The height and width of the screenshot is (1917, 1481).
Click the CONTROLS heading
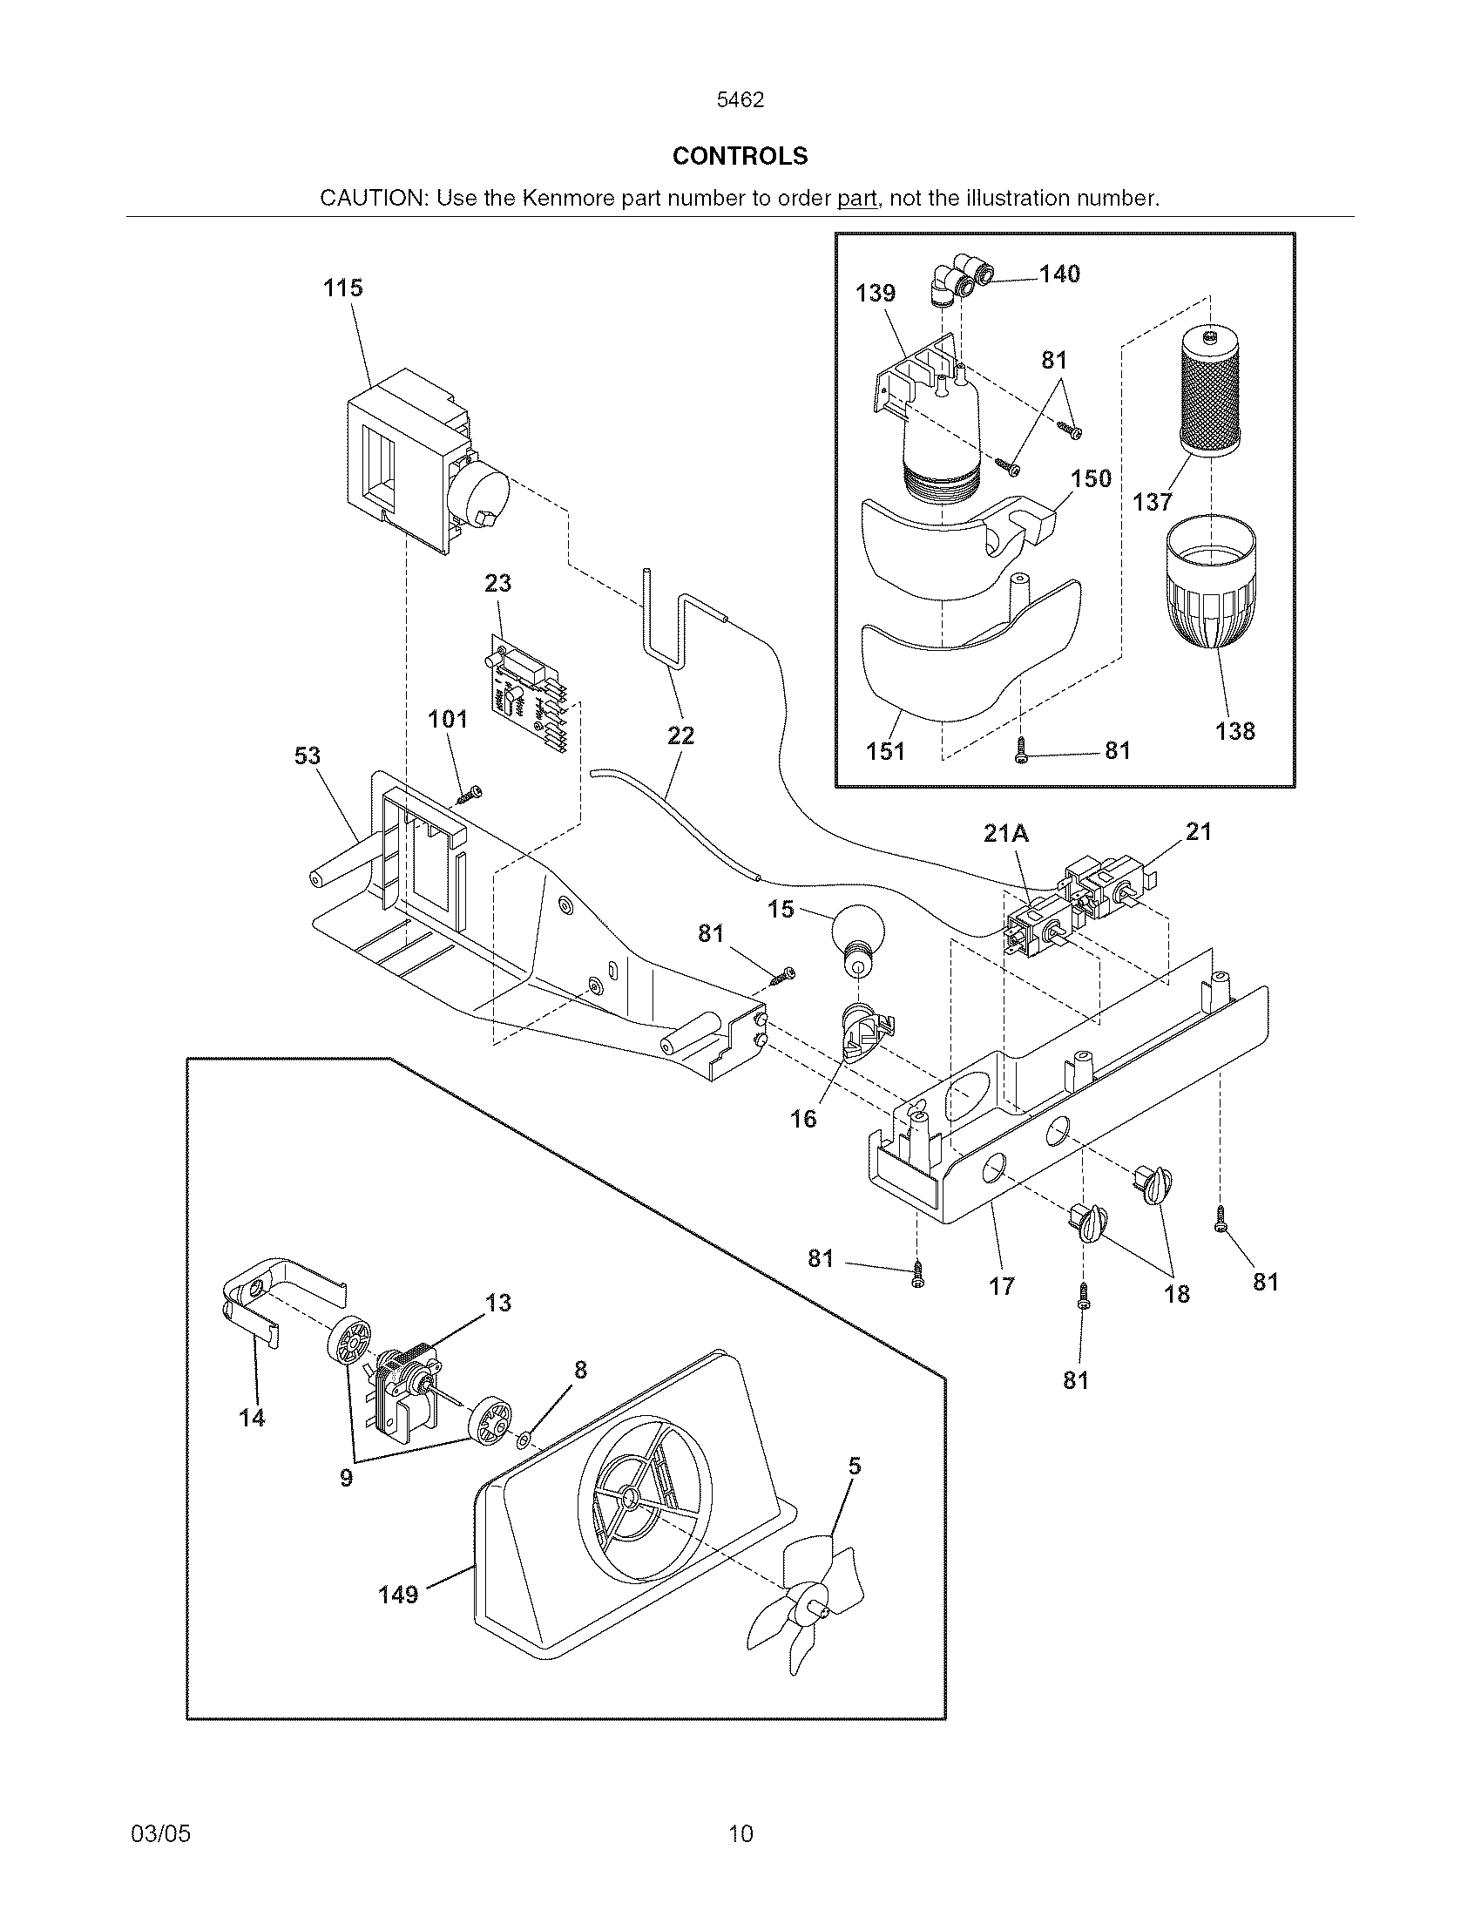(740, 156)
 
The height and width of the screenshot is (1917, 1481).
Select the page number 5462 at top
(740, 100)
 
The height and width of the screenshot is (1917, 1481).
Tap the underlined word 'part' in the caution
(857, 199)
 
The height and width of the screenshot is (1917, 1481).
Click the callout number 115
(342, 288)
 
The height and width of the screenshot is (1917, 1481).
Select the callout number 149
(397, 1595)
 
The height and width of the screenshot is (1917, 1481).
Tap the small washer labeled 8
(523, 1438)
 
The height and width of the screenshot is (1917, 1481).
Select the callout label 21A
(1005, 833)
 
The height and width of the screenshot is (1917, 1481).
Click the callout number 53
(307, 756)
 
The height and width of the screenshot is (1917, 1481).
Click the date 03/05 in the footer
(160, 1833)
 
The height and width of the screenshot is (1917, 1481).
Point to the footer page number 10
(740, 1833)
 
